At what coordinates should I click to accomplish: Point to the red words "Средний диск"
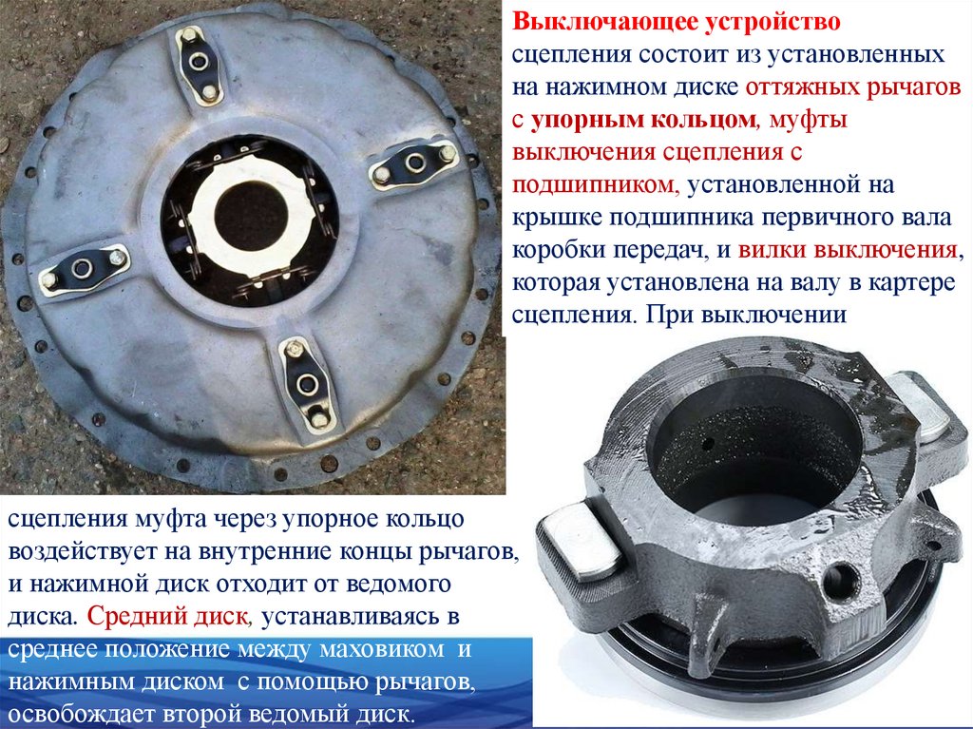[x=167, y=616]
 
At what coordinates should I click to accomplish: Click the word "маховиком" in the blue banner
[x=382, y=649]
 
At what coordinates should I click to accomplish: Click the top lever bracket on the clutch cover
[x=200, y=65]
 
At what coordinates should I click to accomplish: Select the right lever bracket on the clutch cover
[x=413, y=163]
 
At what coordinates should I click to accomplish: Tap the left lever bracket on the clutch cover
[x=84, y=269]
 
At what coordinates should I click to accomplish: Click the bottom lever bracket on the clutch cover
[x=308, y=382]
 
